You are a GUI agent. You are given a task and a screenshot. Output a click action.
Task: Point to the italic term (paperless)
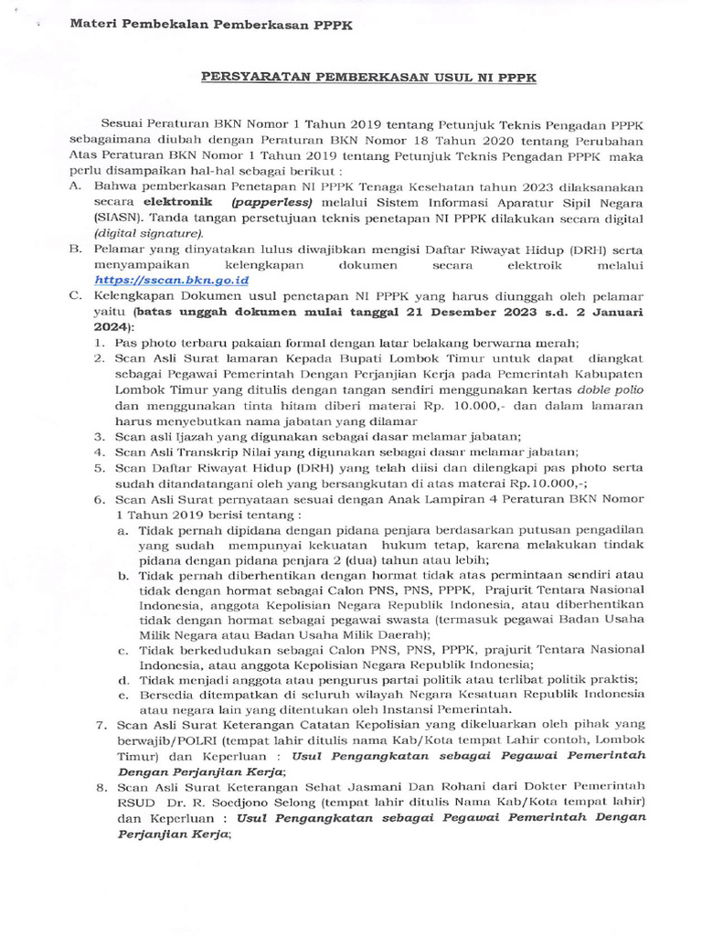click(269, 201)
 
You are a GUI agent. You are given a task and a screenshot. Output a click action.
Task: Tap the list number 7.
click(101, 724)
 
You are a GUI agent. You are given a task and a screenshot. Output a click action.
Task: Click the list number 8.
click(101, 786)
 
